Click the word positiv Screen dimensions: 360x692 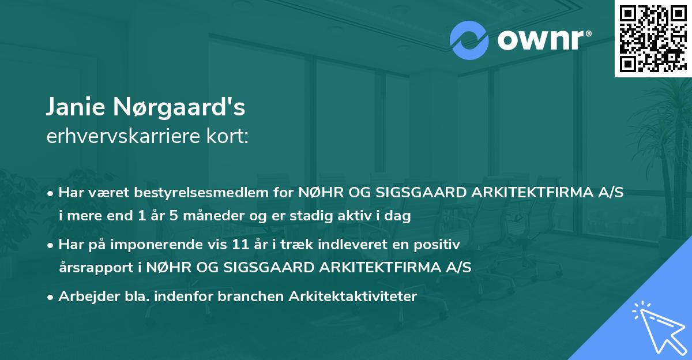tap(439, 245)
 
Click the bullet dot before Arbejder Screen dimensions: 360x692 tap(51, 297)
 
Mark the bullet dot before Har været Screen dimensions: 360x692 tap(51, 193)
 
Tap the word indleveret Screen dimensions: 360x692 tap(349, 245)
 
